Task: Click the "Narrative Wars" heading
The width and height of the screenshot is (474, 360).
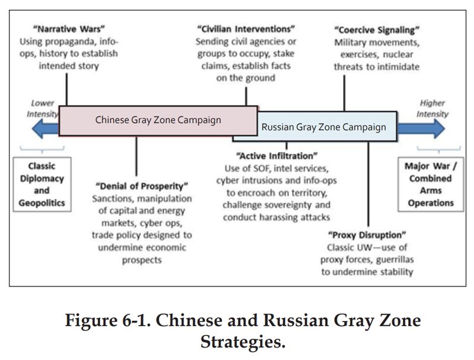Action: [69, 29]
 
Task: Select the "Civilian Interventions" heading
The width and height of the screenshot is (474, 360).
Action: [246, 29]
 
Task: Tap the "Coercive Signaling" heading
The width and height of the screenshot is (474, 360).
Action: [377, 30]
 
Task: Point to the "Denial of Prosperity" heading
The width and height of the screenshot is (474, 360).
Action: [142, 186]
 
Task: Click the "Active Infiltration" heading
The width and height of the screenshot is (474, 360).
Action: [277, 156]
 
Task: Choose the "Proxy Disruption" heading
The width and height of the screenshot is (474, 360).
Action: [367, 234]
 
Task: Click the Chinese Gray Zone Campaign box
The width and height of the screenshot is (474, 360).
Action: [158, 121]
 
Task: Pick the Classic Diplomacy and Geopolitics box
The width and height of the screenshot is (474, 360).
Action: [42, 184]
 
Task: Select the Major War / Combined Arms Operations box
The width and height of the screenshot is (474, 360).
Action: [431, 184]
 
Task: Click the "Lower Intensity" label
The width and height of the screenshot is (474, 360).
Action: [42, 108]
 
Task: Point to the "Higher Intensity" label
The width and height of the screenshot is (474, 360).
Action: [433, 108]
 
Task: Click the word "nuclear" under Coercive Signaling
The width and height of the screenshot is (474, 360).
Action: [398, 54]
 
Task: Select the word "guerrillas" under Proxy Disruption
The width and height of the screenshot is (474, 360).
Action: [395, 259]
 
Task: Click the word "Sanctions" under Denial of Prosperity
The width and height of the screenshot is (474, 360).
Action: [113, 198]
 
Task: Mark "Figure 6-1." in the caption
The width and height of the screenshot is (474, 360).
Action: [108, 320]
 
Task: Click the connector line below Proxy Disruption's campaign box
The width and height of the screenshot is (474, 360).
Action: [368, 184]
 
